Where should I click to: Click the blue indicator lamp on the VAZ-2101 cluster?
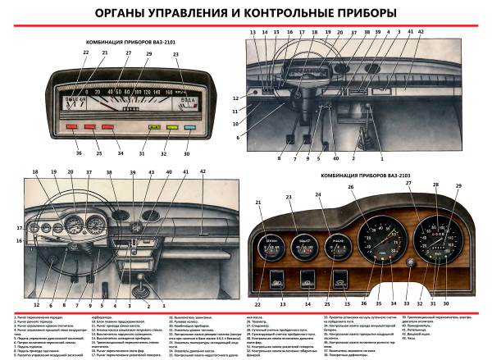189,128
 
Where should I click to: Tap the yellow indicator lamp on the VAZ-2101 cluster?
172,128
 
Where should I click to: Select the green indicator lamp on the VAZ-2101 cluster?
154,128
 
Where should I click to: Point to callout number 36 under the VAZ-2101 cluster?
57,153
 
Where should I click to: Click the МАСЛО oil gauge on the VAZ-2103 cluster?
336,243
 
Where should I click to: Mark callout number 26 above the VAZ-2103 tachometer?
351,187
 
